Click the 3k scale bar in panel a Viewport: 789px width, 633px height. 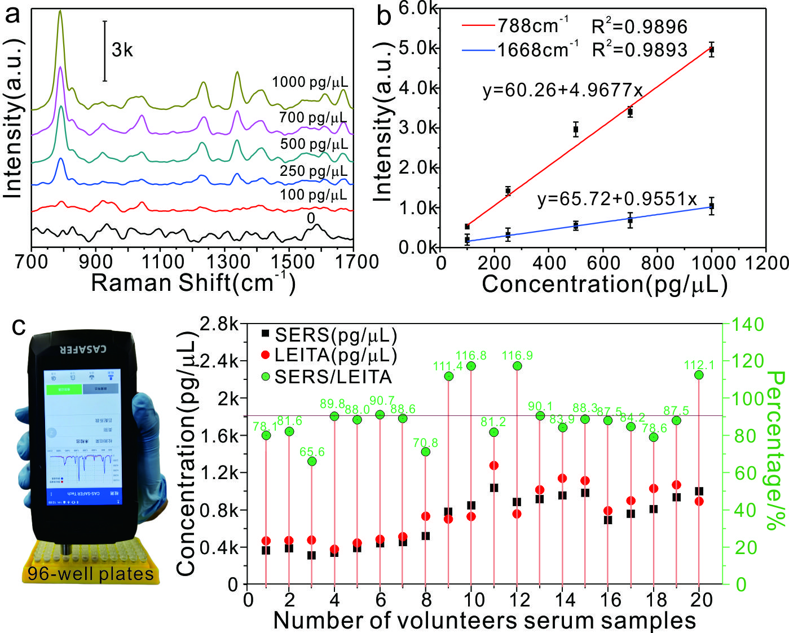[x=105, y=51]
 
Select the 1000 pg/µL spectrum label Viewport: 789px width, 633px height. [x=310, y=82]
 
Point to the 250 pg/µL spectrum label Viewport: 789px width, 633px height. [x=314, y=170]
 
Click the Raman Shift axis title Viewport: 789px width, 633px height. [x=193, y=282]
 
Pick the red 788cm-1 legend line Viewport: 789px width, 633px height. [x=479, y=26]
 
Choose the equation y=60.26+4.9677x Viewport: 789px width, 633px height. [x=562, y=90]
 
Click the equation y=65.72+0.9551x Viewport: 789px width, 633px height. [x=617, y=199]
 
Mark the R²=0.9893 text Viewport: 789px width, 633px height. [x=640, y=50]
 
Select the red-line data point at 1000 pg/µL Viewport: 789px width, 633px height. [x=712, y=50]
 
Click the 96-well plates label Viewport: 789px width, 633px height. [x=91, y=574]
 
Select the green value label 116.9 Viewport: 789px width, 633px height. [x=517, y=356]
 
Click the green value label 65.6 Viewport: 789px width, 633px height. [x=312, y=452]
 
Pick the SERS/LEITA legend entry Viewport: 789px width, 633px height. [x=332, y=377]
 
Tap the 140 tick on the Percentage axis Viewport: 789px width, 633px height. [x=750, y=324]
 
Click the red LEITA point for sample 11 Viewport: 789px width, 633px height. [x=494, y=466]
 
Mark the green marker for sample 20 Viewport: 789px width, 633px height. [x=699, y=375]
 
